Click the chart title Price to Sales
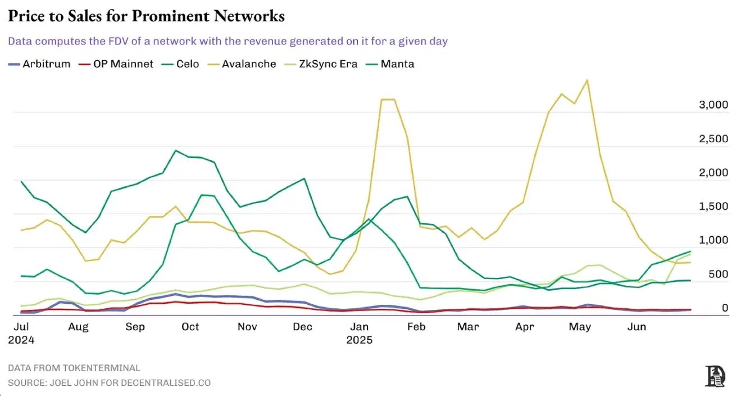coord(146,16)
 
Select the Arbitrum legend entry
coord(46,64)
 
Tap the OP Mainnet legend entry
coord(123,64)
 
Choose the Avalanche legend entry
coord(248,64)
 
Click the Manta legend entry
coord(397,64)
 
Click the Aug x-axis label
coord(79,327)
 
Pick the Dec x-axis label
coord(303,327)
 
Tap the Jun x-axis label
coord(636,327)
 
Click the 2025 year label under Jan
coord(360,340)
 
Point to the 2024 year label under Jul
coord(21,340)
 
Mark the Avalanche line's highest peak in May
coord(587,80)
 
